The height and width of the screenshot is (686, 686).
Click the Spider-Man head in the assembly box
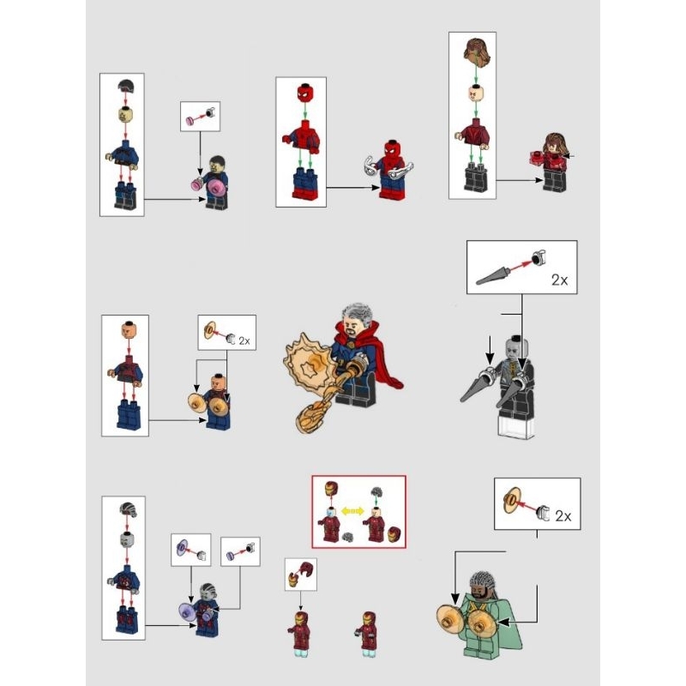click(301, 90)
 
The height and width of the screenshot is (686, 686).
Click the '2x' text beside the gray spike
click(559, 280)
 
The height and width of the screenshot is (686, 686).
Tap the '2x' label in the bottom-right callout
click(563, 516)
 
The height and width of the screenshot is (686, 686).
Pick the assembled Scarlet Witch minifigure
click(551, 160)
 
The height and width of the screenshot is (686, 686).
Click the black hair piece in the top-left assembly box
click(127, 84)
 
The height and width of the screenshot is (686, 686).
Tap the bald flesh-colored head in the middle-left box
click(125, 329)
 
